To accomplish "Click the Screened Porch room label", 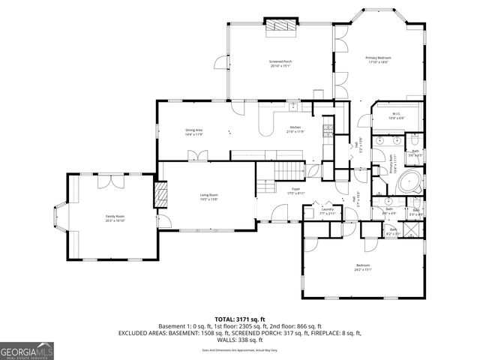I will [x=279, y=61].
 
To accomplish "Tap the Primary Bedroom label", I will [x=378, y=58].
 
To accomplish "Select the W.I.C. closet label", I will [x=396, y=115].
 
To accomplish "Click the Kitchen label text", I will [x=295, y=127].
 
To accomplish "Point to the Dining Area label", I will [x=194, y=130].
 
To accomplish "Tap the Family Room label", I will [x=115, y=216].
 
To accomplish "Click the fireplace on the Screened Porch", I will [x=282, y=25].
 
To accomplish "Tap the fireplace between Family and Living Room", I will [x=160, y=196].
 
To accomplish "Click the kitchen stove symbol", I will [x=327, y=132].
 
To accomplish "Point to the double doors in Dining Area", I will [x=198, y=154].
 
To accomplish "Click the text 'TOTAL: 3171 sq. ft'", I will [x=239, y=319].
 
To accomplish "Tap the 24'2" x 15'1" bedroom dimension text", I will [x=363, y=269].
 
